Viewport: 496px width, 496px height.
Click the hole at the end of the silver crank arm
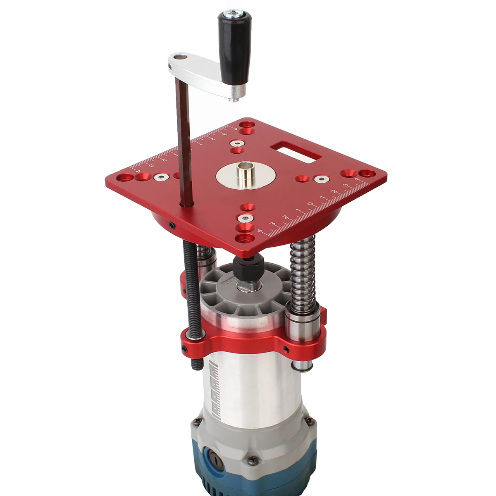(179, 57)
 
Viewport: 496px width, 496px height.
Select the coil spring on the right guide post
(303, 273)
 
